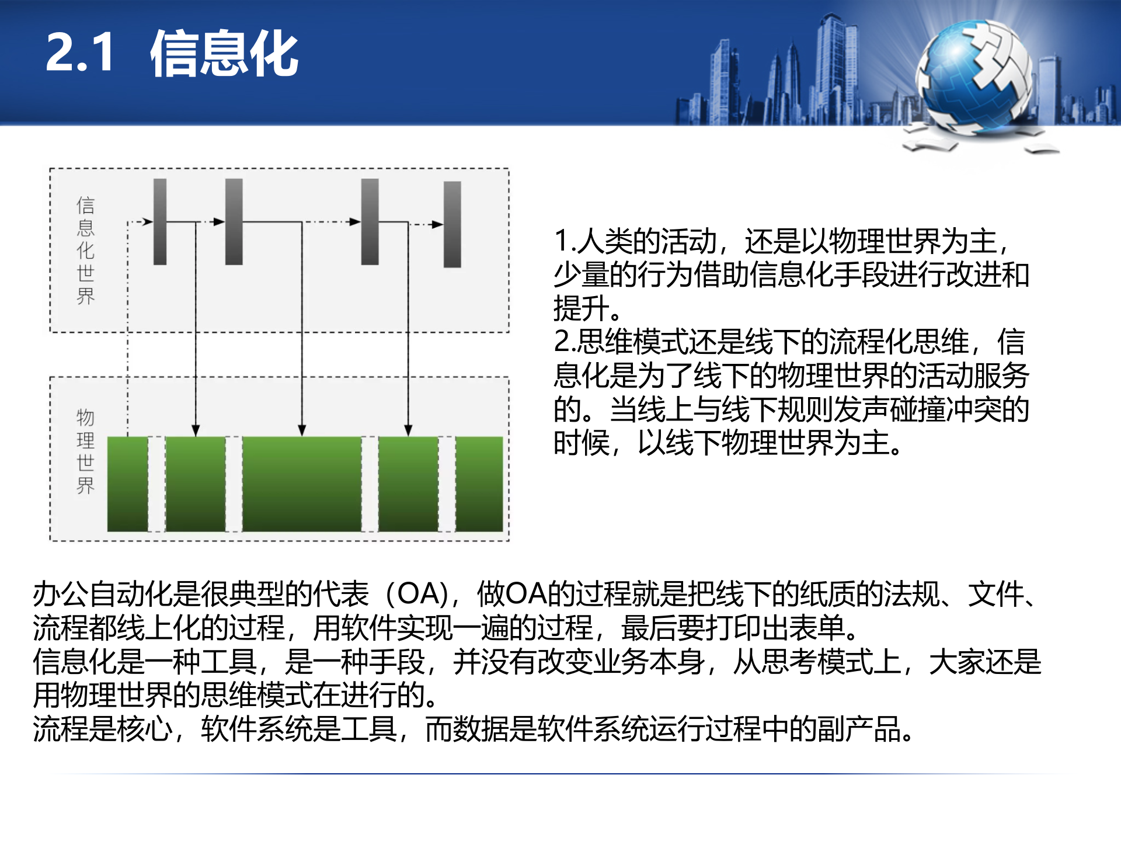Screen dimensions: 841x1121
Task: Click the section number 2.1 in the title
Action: [x=79, y=53]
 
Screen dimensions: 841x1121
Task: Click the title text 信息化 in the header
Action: [x=224, y=54]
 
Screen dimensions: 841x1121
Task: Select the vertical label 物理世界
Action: [x=85, y=451]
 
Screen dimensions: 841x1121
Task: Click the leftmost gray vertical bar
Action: [x=160, y=222]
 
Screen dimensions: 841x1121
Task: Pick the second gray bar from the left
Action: [x=234, y=222]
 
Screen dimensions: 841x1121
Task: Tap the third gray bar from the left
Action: [x=370, y=222]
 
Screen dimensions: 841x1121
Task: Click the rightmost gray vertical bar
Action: [x=452, y=224]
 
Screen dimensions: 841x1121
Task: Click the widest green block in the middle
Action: [x=301, y=484]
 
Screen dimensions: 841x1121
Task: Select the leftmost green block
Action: [x=127, y=484]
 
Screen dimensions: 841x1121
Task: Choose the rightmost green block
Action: [x=479, y=484]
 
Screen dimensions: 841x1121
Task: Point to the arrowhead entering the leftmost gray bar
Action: [x=148, y=222]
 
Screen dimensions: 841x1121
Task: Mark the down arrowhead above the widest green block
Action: [x=302, y=430]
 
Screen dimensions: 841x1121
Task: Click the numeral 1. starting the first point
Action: [x=565, y=241]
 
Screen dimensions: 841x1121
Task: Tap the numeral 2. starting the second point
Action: [x=565, y=342]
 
